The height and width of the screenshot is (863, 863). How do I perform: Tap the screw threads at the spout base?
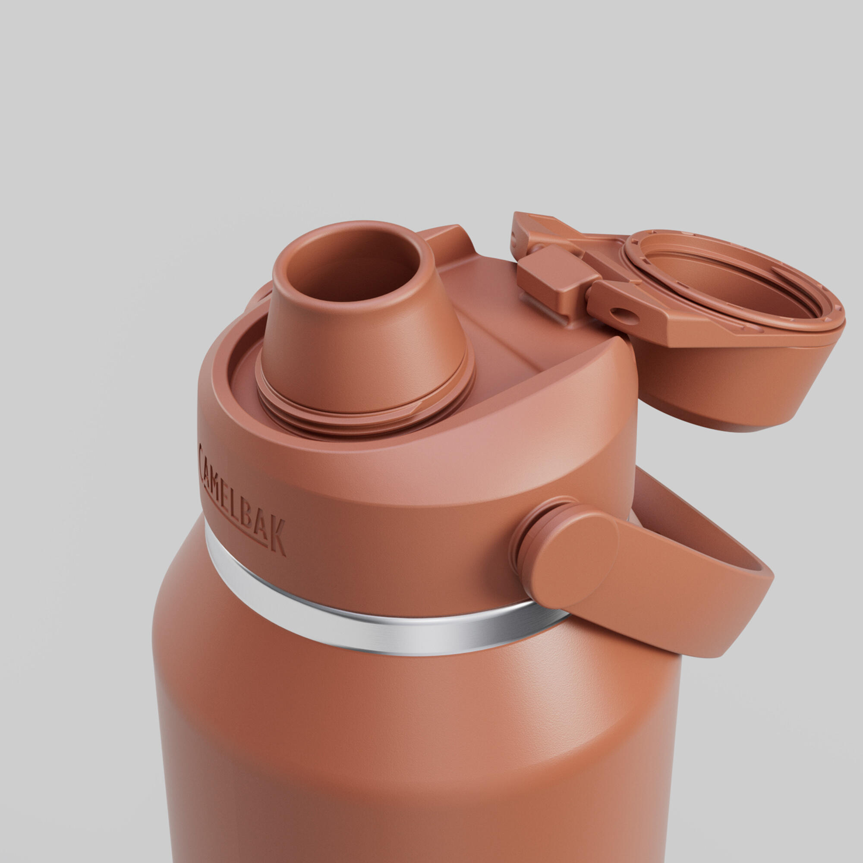(364, 406)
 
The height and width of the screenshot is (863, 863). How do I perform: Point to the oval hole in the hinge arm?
(624, 316)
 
